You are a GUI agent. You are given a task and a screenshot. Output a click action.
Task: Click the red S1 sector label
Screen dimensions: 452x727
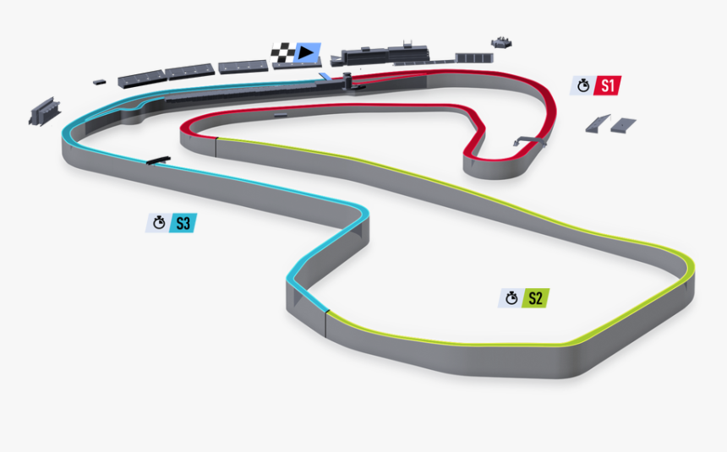click(609, 85)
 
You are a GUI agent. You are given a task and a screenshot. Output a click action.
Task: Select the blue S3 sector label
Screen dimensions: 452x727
click(183, 224)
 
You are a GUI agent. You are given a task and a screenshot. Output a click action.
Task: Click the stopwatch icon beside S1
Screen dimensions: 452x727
click(582, 85)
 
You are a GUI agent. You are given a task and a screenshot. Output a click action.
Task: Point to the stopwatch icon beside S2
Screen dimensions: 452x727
click(511, 298)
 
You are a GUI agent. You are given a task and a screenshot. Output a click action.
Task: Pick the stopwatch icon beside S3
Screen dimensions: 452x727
click(157, 224)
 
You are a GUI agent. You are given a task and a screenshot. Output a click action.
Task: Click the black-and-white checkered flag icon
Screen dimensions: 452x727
click(282, 54)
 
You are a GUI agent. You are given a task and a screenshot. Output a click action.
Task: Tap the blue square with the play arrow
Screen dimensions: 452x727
click(307, 54)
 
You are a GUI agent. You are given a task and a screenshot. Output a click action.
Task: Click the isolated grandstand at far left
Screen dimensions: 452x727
click(43, 110)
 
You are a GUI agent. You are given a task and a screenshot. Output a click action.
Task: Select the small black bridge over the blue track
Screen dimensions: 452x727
click(157, 160)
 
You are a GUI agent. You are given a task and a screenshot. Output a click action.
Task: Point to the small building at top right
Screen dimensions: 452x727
click(503, 41)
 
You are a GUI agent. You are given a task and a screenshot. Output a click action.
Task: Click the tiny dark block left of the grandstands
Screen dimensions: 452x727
click(100, 81)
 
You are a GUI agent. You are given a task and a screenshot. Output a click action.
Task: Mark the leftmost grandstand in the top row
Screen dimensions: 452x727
click(138, 78)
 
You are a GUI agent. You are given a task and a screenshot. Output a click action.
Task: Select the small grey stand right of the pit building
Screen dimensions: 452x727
click(472, 58)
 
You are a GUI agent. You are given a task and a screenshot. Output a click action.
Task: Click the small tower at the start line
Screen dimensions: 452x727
click(346, 82)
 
